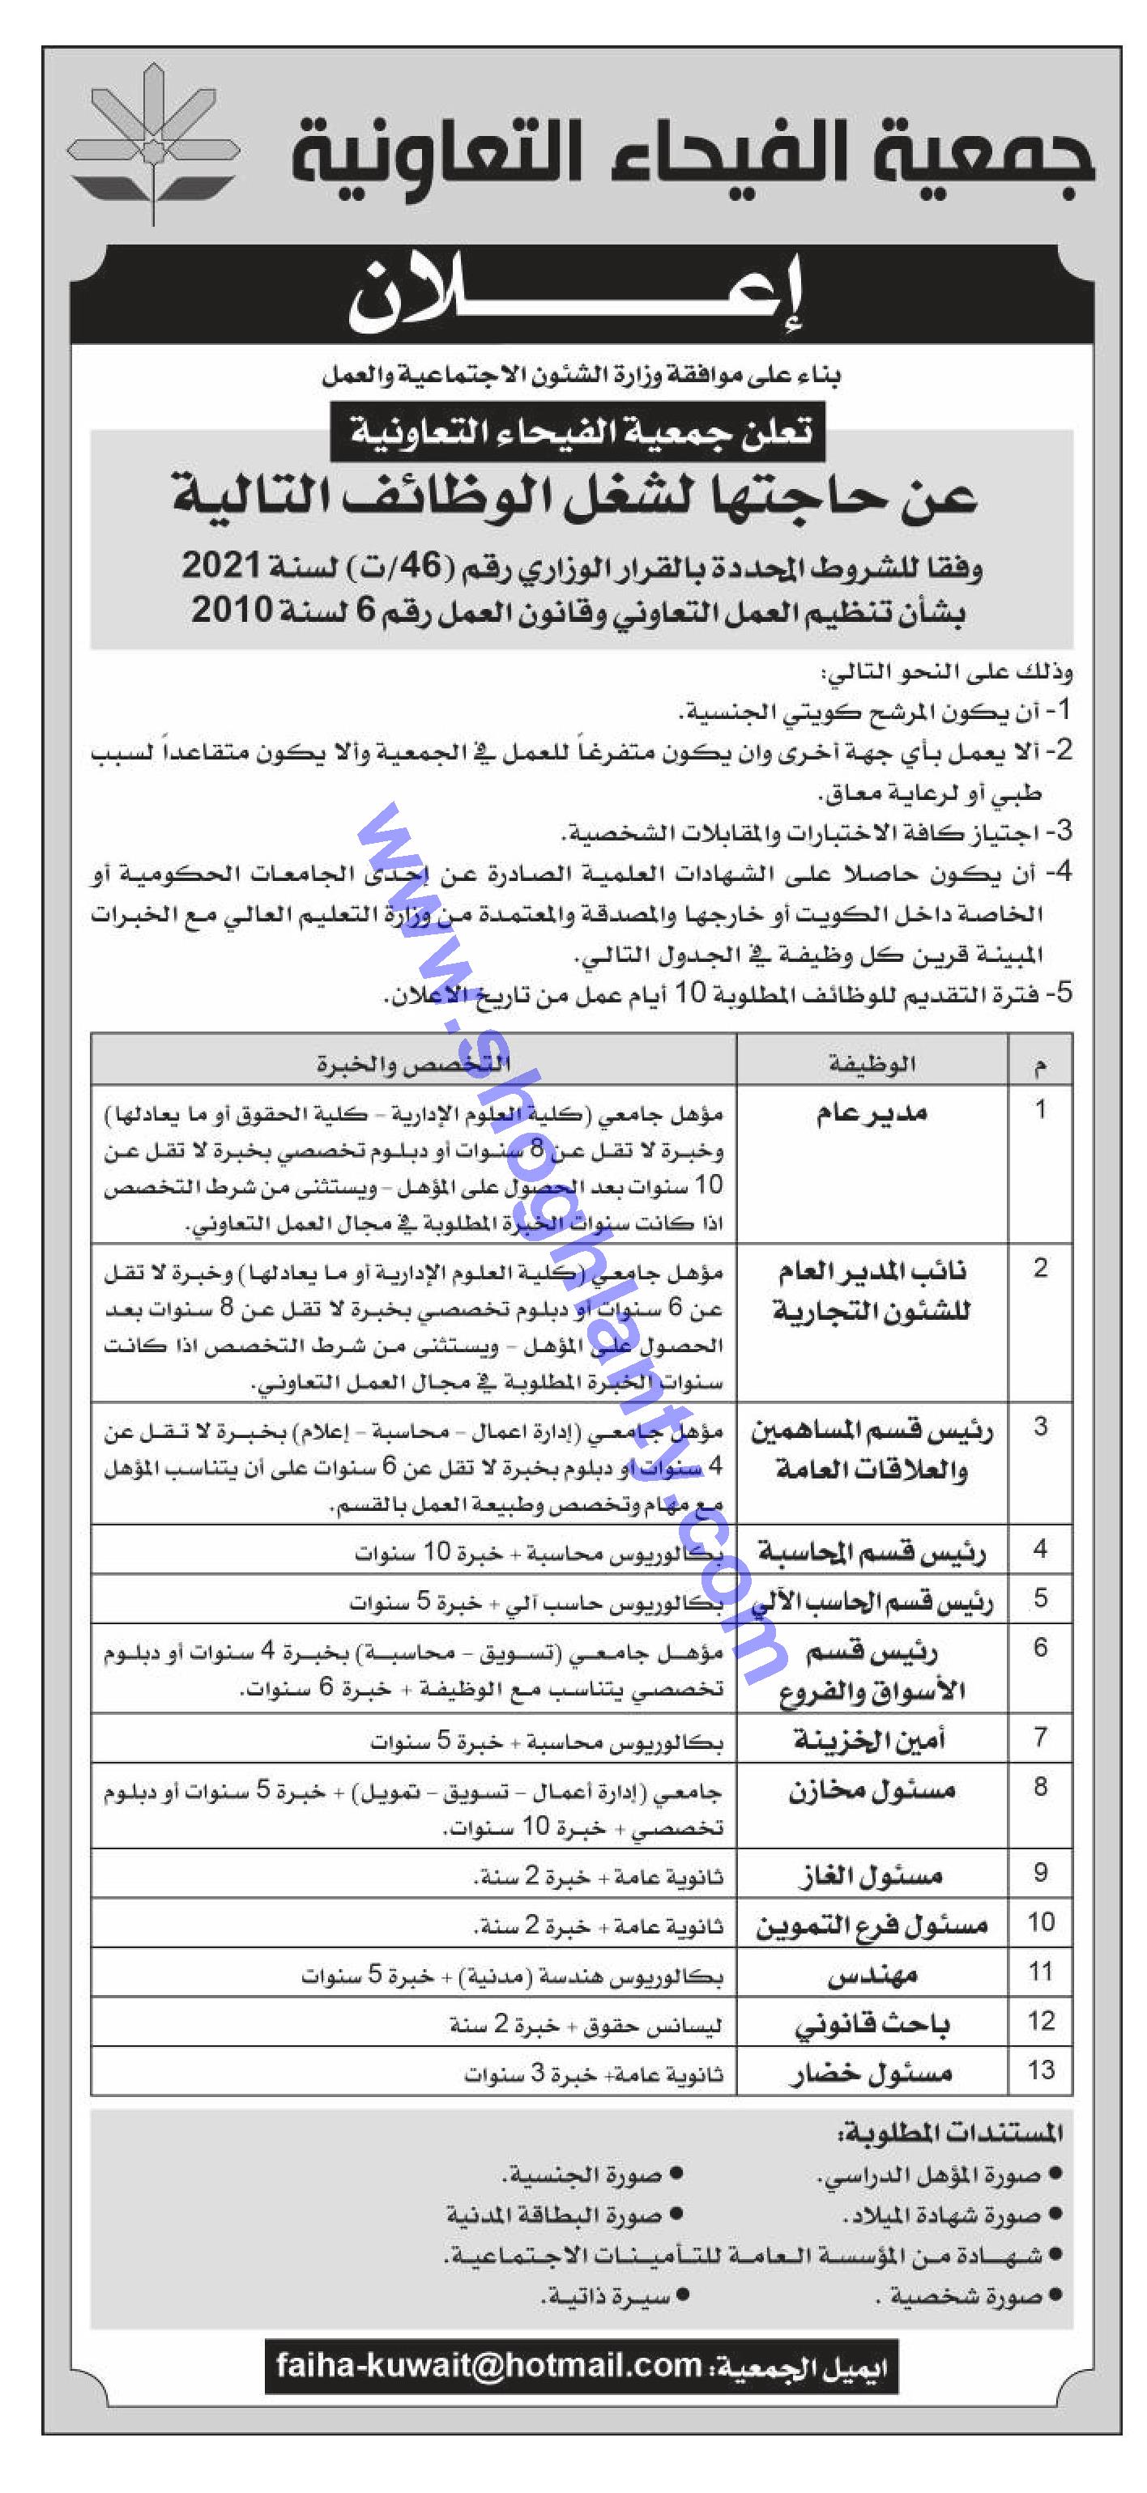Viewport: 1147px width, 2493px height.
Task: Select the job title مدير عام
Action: coord(871,1113)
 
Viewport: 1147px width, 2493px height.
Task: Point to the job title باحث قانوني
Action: coord(871,2023)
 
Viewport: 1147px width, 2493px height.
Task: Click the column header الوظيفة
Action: coord(871,1064)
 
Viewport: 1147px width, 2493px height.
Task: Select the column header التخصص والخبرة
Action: coord(413,1065)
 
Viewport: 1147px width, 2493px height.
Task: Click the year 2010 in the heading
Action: coord(230,610)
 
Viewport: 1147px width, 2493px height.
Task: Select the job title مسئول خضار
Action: coord(871,2072)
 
